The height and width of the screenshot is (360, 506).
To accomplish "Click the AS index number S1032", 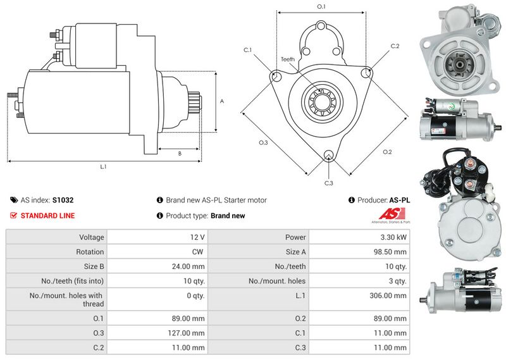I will pos(63,200).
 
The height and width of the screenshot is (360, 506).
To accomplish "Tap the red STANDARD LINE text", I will pos(47,216).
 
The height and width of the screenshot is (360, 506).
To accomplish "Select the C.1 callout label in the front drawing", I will pos(248,50).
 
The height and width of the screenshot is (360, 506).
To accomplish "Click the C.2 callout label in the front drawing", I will pos(395,46).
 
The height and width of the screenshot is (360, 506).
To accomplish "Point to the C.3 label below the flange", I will pos(328,183).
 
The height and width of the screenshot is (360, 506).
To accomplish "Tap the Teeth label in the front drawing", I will pos(288,59).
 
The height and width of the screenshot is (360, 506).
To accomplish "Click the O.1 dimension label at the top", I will pos(321,7).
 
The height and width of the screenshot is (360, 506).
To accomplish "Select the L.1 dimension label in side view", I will pos(103,167).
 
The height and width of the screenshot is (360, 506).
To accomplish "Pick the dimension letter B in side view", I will pos(180,153).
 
